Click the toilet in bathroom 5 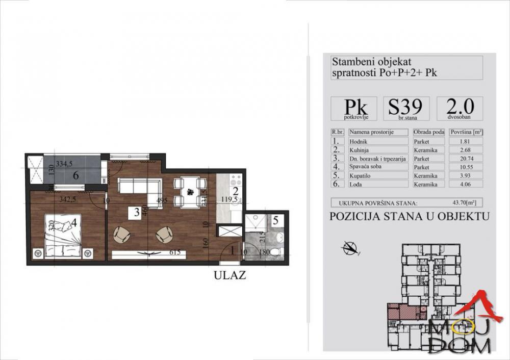(x=276, y=251)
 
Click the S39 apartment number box (x=405, y=109)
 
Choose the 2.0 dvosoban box (x=460, y=109)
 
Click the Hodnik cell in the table (x=377, y=141)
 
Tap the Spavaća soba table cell (x=377, y=167)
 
